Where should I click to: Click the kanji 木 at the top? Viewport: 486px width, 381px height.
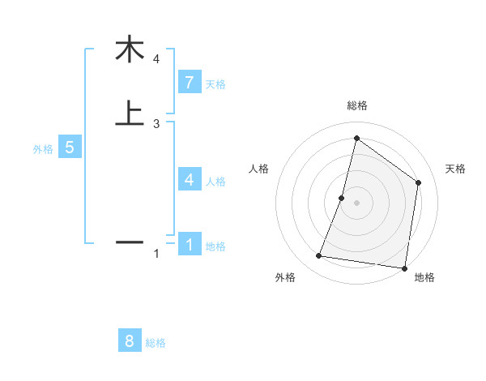click(x=129, y=49)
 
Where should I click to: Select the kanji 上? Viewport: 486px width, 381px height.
click(x=129, y=113)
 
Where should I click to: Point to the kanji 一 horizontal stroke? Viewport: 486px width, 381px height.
click(x=129, y=242)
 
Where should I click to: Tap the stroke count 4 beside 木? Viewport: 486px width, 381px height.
click(x=156, y=59)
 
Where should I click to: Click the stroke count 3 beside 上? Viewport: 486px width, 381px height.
click(x=156, y=124)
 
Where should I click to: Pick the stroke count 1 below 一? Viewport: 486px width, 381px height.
click(x=156, y=255)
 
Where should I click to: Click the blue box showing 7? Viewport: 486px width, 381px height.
click(x=189, y=83)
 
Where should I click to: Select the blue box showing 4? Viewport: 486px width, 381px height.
click(x=189, y=180)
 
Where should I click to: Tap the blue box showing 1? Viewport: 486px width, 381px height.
click(x=189, y=244)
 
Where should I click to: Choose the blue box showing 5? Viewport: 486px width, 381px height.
click(x=70, y=148)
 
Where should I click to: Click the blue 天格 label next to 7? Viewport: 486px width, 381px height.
click(x=215, y=84)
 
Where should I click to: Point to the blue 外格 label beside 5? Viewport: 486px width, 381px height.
click(x=43, y=149)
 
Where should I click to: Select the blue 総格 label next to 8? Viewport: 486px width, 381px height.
click(x=156, y=343)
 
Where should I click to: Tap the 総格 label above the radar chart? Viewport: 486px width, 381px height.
click(x=356, y=105)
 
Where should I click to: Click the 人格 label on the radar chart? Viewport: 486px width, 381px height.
click(x=259, y=169)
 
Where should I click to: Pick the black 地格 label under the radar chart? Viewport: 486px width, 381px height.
click(x=424, y=278)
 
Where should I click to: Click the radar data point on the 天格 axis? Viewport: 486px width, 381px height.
click(x=418, y=182)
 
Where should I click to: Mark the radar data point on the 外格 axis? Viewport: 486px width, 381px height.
click(x=319, y=256)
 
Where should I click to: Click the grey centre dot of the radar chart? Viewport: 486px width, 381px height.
click(x=356, y=203)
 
